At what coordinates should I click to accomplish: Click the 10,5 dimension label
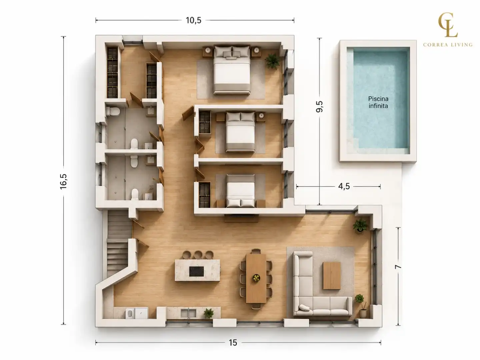(193, 20)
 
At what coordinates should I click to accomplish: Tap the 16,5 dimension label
(63, 182)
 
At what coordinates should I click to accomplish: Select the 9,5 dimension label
(319, 106)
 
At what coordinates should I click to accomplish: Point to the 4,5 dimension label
(344, 186)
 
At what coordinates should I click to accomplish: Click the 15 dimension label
(233, 343)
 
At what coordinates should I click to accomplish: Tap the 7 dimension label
(398, 267)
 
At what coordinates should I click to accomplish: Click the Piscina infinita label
(378, 102)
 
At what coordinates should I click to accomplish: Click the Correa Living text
(448, 45)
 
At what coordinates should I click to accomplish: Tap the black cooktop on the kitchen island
(196, 271)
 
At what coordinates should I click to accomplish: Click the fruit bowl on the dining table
(256, 278)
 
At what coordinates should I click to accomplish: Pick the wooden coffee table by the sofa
(332, 276)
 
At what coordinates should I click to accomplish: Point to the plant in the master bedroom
(272, 61)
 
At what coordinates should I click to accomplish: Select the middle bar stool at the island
(198, 255)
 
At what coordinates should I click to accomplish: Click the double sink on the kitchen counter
(188, 313)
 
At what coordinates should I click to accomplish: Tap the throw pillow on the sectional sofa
(304, 308)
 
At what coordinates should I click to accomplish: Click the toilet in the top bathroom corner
(113, 111)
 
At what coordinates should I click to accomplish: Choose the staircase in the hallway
(118, 243)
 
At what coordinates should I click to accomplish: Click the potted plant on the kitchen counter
(209, 313)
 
